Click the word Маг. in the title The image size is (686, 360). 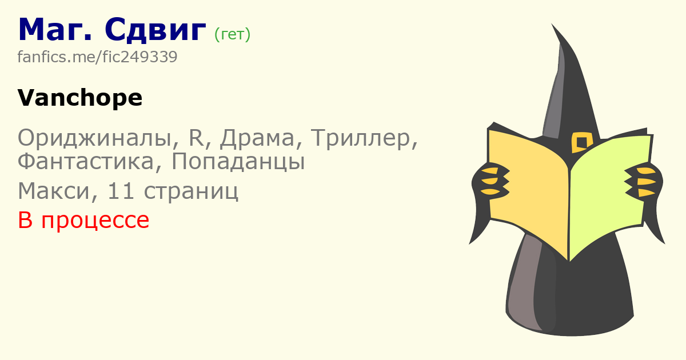click(x=55, y=30)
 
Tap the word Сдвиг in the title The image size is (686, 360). click(x=155, y=30)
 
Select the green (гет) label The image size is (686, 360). click(x=233, y=34)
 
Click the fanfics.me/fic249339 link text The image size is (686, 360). click(x=97, y=57)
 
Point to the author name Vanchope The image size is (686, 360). click(x=80, y=98)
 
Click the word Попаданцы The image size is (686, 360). click(x=238, y=162)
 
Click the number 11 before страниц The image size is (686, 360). click(x=121, y=191)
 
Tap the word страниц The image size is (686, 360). click(x=191, y=191)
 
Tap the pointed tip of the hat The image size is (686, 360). click(x=552, y=24)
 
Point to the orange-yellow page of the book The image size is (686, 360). click(x=528, y=190)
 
